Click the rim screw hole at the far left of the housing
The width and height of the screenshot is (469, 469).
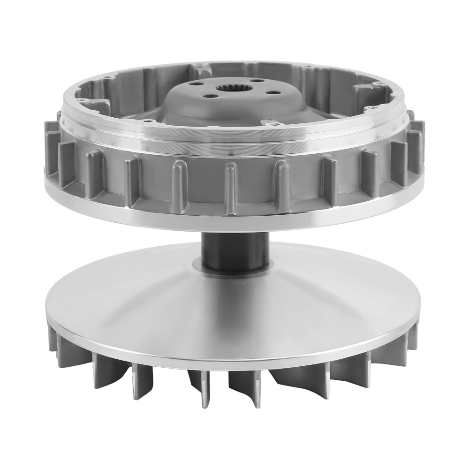point(80,100)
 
